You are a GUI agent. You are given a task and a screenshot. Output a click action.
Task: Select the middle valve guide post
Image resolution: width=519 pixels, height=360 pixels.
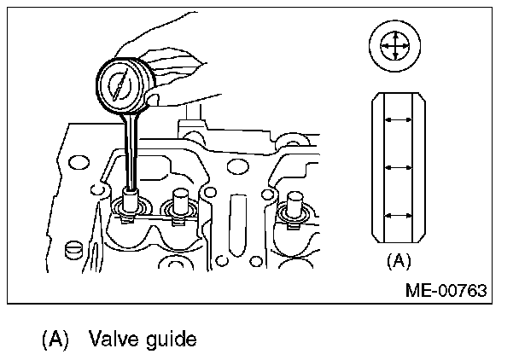(x=179, y=206)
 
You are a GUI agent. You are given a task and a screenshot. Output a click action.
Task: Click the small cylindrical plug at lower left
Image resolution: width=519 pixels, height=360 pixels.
(x=73, y=250)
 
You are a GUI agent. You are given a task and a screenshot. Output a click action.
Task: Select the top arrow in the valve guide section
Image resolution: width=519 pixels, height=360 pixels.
(x=396, y=121)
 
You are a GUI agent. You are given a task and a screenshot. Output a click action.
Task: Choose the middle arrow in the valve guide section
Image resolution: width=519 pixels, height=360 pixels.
(x=396, y=166)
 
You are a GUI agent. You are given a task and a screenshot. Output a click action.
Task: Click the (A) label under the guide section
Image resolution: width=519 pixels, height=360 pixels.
(x=397, y=260)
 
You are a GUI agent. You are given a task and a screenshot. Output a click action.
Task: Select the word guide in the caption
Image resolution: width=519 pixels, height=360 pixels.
(x=169, y=340)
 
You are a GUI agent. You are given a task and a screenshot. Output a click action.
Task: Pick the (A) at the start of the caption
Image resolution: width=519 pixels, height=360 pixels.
(x=54, y=340)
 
